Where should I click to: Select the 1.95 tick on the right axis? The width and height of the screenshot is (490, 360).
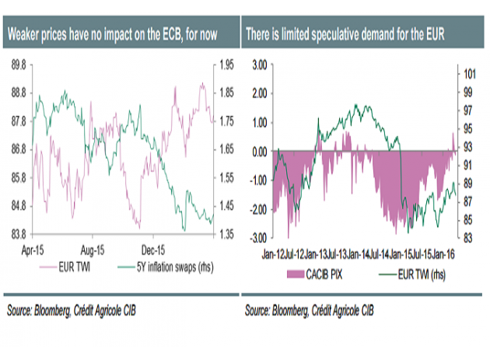coord(225,65)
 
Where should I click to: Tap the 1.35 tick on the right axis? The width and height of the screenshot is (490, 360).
coord(225,234)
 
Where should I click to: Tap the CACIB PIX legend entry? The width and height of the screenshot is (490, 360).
coord(318,274)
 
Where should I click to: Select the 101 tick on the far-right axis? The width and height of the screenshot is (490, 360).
coord(469,75)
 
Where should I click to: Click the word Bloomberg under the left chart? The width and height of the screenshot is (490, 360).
coord(67,309)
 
